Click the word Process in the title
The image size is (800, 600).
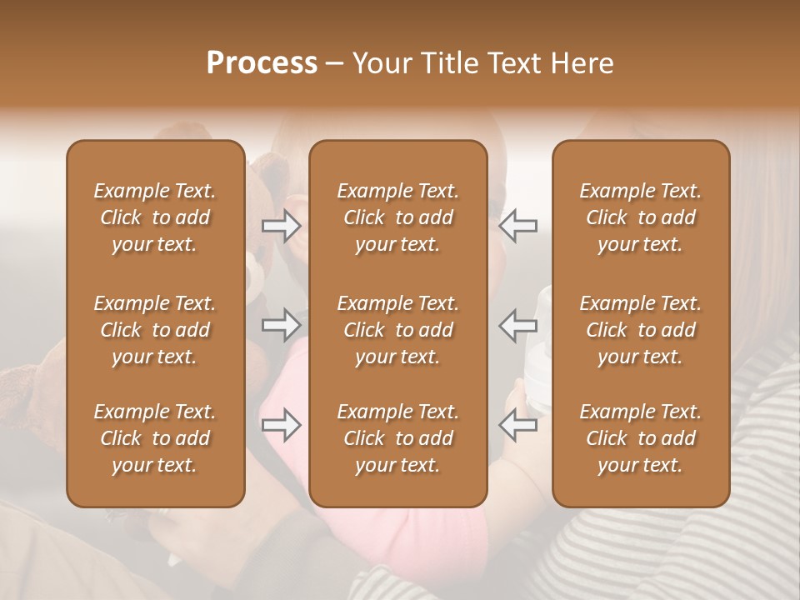262,63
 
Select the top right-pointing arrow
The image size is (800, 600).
282,226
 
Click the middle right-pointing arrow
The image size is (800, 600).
282,325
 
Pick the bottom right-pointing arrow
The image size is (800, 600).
282,425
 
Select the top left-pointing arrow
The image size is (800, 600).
517,226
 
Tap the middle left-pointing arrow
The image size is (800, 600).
517,325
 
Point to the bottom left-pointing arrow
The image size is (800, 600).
517,425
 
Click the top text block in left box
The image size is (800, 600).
155,217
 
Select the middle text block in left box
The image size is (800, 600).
155,330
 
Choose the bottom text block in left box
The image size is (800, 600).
155,438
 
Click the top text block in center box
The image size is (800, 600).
398,217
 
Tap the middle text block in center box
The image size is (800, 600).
398,330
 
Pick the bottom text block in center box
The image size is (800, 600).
398,438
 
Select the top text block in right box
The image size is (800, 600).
641,217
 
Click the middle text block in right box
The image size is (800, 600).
641,330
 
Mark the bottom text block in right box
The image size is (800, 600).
641,438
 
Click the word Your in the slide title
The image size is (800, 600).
379,63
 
